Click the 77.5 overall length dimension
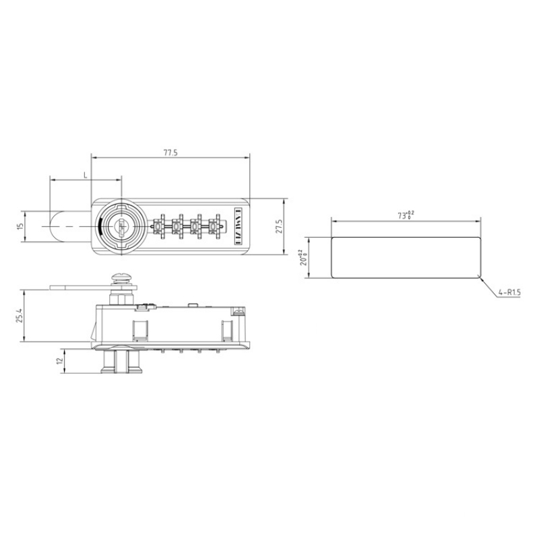pos(170,153)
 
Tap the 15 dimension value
pos(20,226)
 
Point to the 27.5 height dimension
pos(278,226)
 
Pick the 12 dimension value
pos(59,361)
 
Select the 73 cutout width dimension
pos(406,216)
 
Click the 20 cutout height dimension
pos(303,257)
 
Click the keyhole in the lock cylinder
pos(122,226)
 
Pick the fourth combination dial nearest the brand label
pos(215,226)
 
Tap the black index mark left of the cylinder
pos(100,226)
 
